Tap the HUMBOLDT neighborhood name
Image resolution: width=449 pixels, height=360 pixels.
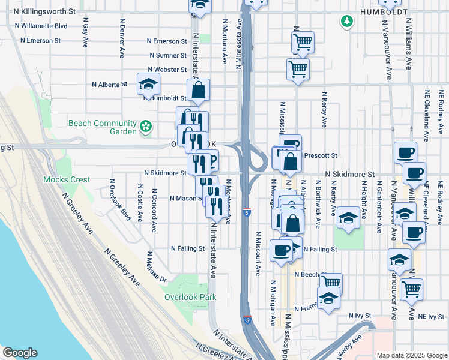click(384, 12)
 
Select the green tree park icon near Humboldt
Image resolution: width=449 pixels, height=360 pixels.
click(346, 22)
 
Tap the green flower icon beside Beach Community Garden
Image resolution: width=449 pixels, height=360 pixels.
click(145, 127)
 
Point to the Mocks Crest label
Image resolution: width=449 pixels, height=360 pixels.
click(67, 179)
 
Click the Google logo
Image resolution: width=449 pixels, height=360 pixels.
click(20, 353)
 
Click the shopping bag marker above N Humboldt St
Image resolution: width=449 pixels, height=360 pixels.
click(198, 91)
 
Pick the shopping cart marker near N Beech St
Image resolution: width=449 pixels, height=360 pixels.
click(331, 281)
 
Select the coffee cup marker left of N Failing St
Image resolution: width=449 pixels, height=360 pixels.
click(280, 250)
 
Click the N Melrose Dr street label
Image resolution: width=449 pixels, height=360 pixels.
click(155, 266)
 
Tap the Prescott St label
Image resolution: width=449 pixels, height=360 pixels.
click(321, 155)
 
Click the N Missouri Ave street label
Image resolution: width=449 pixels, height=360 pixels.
click(258, 254)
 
